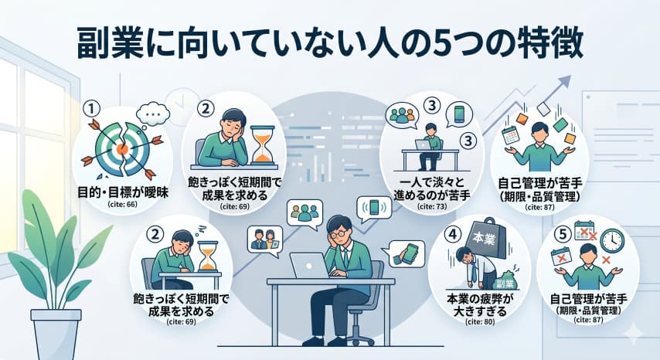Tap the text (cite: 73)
point(427,208)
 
